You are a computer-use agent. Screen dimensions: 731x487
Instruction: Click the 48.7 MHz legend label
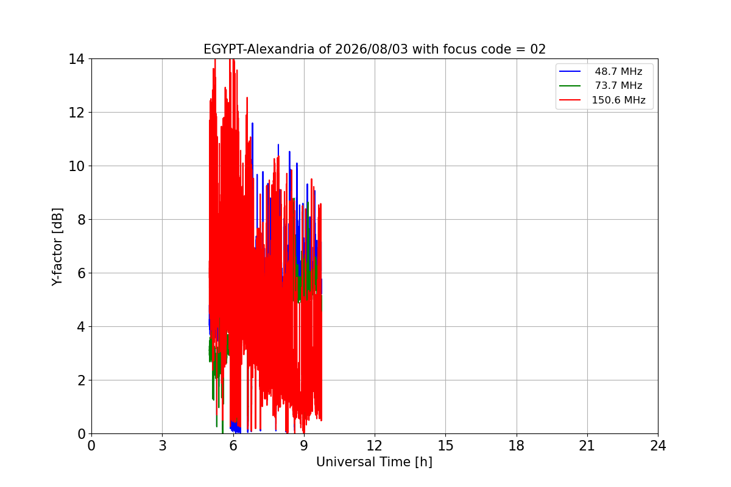618,71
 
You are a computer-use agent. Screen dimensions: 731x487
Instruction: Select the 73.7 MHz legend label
618,85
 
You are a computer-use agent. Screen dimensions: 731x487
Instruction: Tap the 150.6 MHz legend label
618,100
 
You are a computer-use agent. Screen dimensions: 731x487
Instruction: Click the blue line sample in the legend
570,71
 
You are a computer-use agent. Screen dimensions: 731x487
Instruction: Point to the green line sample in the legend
570,86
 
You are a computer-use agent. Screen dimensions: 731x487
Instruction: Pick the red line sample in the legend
570,100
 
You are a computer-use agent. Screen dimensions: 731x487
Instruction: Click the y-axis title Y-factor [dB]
57,247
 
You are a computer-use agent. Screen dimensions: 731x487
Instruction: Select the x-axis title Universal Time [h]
374,462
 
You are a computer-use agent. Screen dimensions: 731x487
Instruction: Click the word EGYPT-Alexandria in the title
259,49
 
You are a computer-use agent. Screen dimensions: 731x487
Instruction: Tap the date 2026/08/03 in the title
372,49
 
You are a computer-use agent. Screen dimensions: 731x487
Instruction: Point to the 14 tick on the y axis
76,60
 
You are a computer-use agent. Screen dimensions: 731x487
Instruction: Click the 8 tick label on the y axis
81,220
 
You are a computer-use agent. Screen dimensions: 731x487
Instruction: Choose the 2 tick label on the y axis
81,380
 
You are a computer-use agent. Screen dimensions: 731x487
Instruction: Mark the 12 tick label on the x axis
374,446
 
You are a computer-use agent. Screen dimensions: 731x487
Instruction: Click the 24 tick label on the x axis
658,446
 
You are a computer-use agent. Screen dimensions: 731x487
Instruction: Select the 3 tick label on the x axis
162,446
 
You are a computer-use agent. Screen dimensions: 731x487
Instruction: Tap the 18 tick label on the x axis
517,446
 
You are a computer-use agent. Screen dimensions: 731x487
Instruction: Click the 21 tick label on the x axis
587,446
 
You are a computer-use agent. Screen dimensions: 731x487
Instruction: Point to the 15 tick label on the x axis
445,446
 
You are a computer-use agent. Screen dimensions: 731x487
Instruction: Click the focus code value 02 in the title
538,49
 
